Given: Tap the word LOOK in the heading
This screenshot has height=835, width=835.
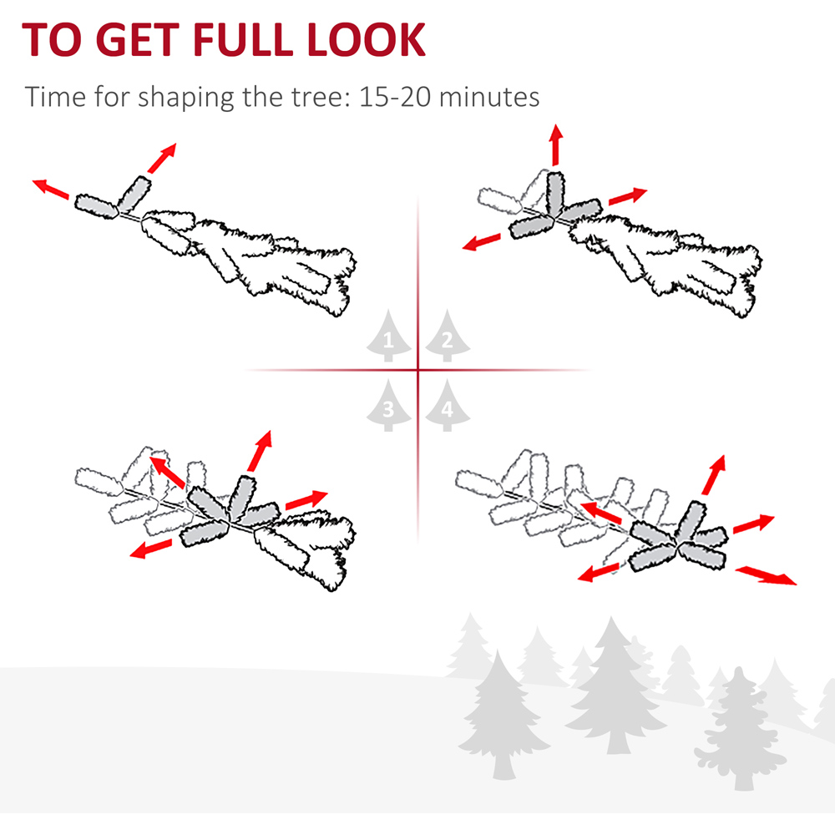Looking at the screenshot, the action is pos(367,39).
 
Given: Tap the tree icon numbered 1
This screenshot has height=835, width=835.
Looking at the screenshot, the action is pos(388,336).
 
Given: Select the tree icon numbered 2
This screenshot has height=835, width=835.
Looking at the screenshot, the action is pos(448,336).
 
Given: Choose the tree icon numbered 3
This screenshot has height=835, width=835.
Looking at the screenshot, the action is pos(388,405).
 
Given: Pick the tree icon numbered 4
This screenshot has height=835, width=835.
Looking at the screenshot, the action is pos(448,405).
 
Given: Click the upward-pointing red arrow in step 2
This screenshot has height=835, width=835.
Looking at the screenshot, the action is pos(556,144).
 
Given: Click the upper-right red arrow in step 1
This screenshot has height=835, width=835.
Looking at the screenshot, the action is pos(162,158).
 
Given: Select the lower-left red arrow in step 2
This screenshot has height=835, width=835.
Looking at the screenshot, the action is pos(482,242).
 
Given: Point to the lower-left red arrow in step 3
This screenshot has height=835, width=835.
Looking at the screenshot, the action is pos(151,549).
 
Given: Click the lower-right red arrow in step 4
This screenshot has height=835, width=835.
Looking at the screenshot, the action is pos(766,576).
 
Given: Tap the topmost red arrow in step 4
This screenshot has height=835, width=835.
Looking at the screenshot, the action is pos(714,475).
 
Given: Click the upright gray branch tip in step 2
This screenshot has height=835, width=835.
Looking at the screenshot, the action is pos(556,192).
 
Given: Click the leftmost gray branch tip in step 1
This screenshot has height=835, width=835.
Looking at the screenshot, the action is pos(96,206).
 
